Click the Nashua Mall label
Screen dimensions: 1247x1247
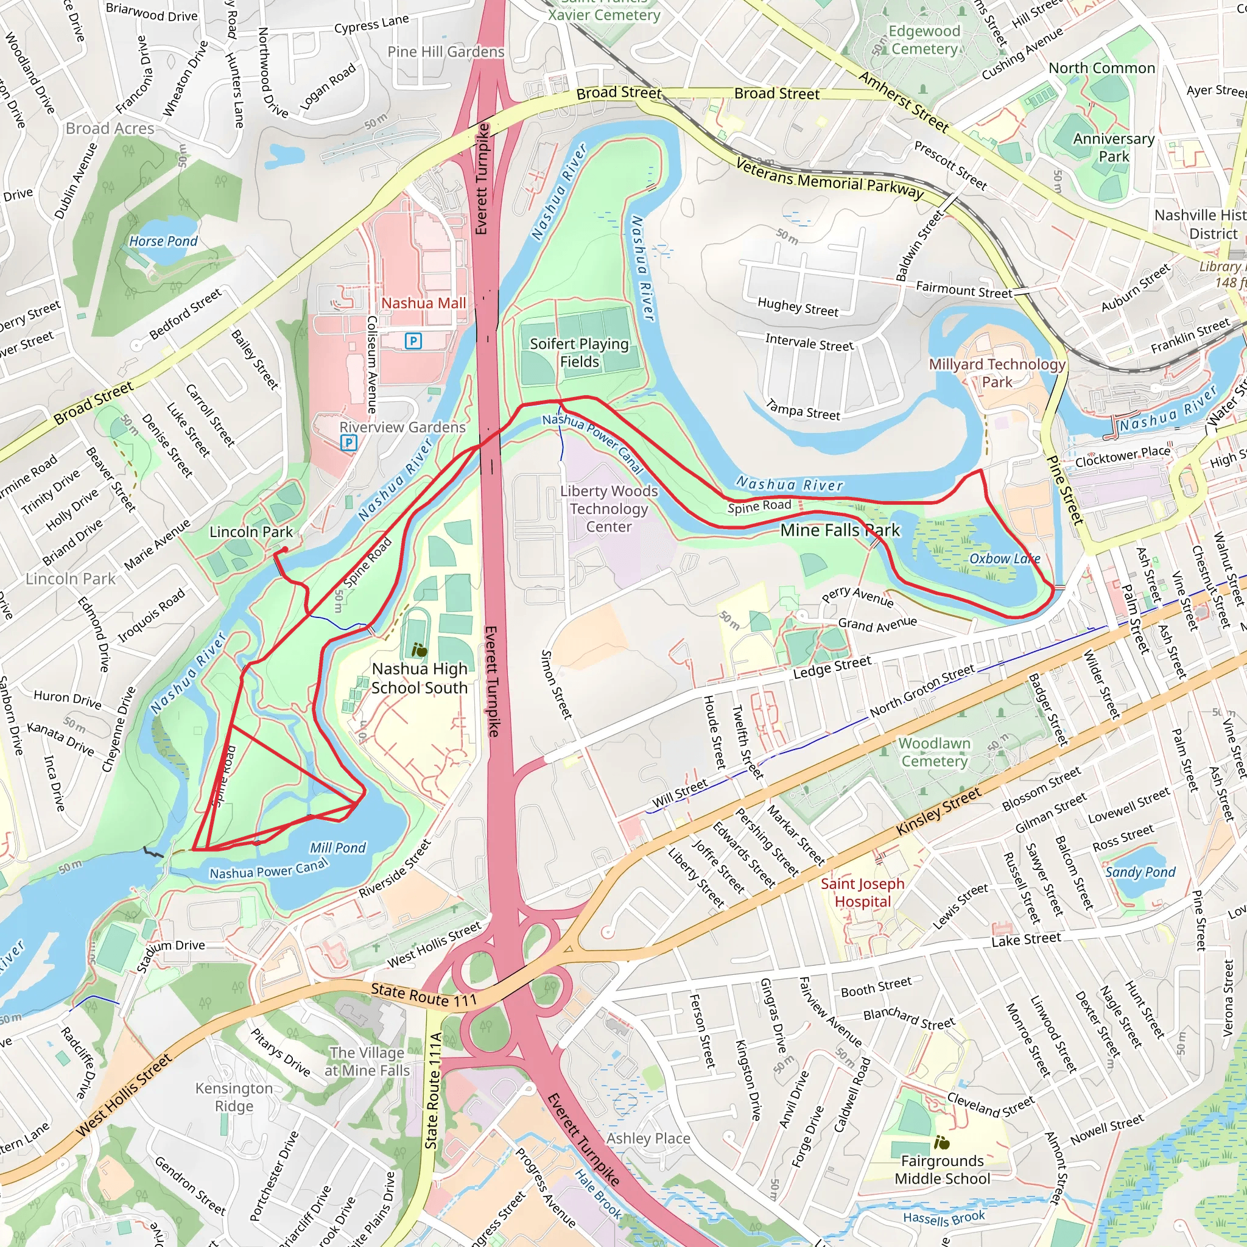(423, 303)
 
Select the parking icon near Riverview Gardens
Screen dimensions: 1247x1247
(348, 443)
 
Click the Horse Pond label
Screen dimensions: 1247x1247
(163, 241)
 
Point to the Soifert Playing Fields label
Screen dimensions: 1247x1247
(579, 353)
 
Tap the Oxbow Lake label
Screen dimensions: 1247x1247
(1004, 559)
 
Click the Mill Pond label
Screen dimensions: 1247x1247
(337, 848)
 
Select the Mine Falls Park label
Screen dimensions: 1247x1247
(840, 530)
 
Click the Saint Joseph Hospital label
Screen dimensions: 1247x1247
(862, 893)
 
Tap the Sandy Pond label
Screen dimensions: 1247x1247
(1140, 872)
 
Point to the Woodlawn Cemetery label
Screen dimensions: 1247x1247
(934, 753)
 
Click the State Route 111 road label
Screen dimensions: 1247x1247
(423, 996)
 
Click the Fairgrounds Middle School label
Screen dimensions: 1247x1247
(942, 1170)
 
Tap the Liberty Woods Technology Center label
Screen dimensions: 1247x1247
(609, 508)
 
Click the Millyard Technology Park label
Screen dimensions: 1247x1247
(997, 373)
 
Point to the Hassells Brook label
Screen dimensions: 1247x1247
(944, 1218)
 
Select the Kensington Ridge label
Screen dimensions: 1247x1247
(234, 1097)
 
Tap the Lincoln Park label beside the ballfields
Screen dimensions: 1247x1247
(250, 532)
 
